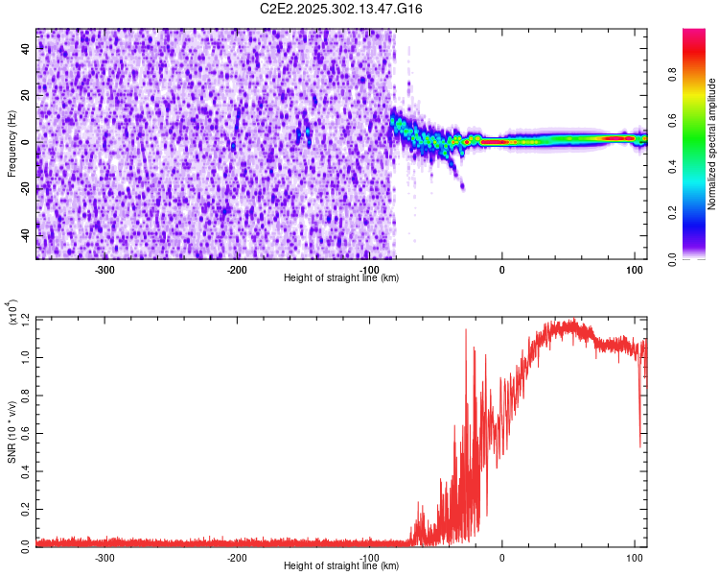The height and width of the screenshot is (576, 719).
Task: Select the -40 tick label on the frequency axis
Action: click(27, 235)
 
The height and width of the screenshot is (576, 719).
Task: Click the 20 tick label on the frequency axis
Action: click(27, 96)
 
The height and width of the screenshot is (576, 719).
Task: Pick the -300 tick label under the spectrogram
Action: click(105, 268)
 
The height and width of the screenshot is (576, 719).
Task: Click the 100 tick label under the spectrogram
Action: click(634, 268)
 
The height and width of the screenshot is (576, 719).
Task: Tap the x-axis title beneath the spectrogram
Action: click(341, 278)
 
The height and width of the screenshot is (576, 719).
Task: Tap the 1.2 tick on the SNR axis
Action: click(27, 318)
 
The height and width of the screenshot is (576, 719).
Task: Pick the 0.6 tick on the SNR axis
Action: click(27, 431)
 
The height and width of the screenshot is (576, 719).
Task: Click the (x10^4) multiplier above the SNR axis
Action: click(12, 312)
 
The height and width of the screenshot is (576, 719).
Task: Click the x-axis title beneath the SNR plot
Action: click(341, 566)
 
